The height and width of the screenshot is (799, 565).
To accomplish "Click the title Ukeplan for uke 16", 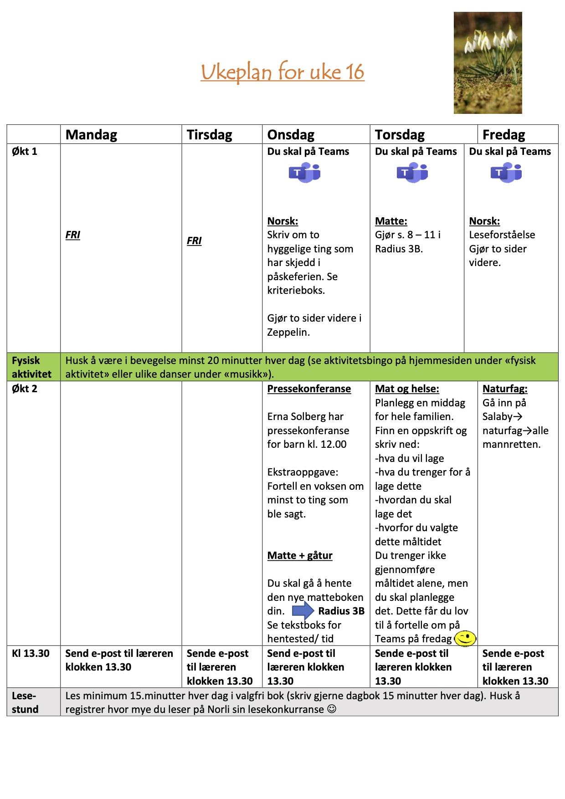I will point(282,72).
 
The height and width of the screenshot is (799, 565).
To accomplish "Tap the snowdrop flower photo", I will point(488,63).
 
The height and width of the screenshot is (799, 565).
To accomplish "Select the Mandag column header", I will point(91,135).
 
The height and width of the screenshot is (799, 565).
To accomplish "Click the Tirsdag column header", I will point(209,135).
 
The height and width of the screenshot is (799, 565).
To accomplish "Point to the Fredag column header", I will point(503,135).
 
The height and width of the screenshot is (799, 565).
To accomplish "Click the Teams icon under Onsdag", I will point(304,173).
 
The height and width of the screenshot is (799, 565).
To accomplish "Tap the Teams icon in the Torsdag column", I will point(412,173).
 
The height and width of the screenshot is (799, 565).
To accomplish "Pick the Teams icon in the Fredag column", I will point(506,173).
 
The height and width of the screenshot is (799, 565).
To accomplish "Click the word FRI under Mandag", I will point(73,235).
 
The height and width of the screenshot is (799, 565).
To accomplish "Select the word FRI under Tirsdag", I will point(194,241).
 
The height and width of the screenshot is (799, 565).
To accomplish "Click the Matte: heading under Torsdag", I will point(391,221).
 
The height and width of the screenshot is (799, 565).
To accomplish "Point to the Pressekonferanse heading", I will point(309,389).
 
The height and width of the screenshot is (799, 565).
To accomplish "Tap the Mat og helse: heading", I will point(407,389).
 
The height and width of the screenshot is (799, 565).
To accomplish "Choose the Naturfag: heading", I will point(505,389).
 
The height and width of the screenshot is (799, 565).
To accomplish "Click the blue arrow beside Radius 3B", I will point(303,610).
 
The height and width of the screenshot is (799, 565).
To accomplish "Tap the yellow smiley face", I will point(465,638).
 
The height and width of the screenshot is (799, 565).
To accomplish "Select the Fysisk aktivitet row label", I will point(31,367).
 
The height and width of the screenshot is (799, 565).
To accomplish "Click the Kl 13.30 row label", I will point(31,653).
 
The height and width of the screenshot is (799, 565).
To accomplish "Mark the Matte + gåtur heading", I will point(300,556).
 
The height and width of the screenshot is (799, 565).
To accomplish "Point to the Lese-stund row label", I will point(25,702).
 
